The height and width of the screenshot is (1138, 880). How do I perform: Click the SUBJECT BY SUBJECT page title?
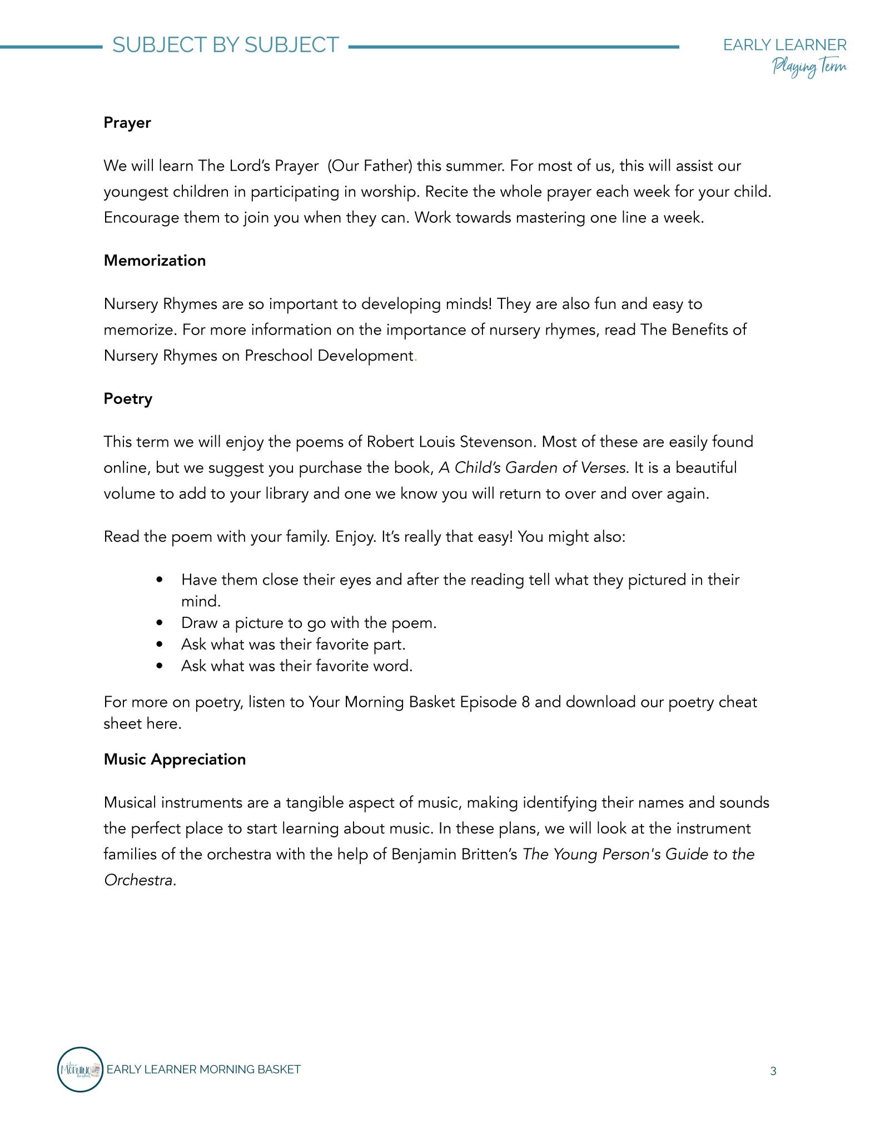pos(226,45)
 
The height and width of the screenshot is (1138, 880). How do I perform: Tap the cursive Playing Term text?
pos(809,67)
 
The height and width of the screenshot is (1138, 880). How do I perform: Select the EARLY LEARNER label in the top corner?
pos(784,45)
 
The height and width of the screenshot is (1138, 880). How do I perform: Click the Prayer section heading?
pos(127,123)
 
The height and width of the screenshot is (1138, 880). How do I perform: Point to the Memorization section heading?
pos(155,261)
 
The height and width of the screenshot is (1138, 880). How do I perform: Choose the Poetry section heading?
pos(128,399)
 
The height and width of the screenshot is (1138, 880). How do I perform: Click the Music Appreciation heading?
pos(175,760)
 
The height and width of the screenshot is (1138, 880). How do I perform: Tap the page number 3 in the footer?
pos(773,1071)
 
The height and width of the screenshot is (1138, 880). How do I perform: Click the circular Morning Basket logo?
pos(80,1069)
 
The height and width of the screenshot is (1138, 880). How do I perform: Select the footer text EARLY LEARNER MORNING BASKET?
pos(203,1069)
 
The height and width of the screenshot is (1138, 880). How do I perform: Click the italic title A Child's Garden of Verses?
pos(533,468)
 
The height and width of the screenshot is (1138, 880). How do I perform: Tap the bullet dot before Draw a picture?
pos(160,623)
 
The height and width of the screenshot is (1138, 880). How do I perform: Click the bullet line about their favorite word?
pos(296,666)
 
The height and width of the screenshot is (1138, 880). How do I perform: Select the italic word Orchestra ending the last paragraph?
pos(138,880)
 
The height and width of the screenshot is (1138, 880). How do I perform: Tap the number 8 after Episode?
pos(525,702)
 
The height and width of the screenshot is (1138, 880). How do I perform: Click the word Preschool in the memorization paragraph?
pos(279,356)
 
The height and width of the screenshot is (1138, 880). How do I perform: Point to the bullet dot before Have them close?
pos(160,580)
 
